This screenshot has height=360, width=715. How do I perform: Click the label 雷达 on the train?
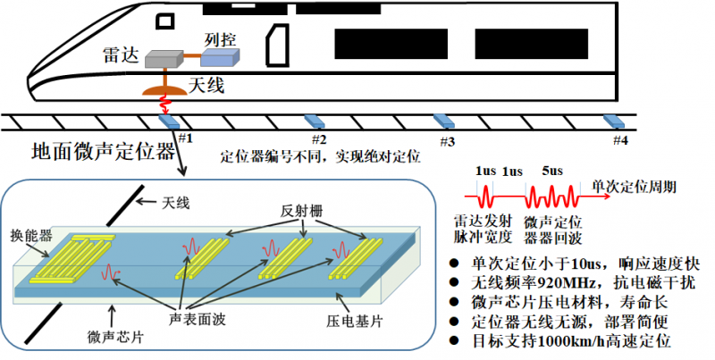click(120, 53)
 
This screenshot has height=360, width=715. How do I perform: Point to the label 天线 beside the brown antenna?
click(207, 86)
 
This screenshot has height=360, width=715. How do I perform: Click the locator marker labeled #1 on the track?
click(168, 122)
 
